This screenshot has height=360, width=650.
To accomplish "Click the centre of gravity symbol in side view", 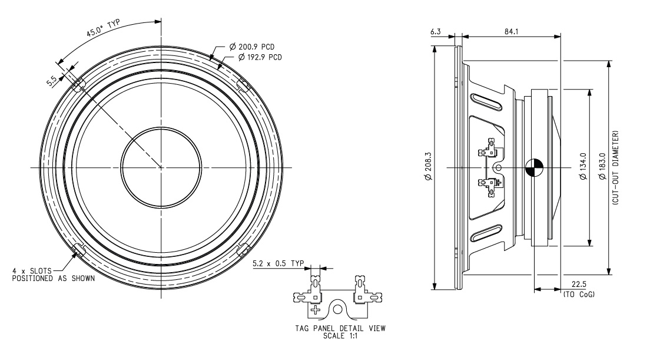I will click(533, 168).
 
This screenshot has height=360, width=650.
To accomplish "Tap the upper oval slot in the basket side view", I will click(486, 101).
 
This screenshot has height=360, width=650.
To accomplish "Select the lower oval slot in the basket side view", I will click(486, 235).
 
